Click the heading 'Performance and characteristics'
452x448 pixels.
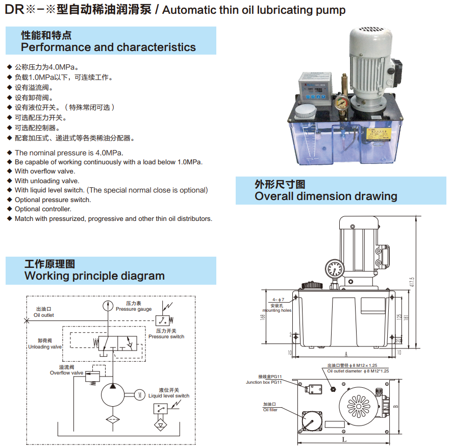pyautogui.click(x=108, y=47)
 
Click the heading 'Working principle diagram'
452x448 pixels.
pyautogui.click(x=94, y=276)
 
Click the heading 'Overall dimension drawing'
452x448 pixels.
pyautogui.click(x=325, y=196)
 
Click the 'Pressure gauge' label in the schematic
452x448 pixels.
pyautogui.click(x=134, y=309)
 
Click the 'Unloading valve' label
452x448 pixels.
pyautogui.click(x=45, y=347)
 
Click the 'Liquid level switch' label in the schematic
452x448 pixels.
pyautogui.click(x=169, y=395)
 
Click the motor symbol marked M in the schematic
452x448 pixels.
pyautogui.click(x=139, y=393)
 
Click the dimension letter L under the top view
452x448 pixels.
pyautogui.click(x=344, y=439)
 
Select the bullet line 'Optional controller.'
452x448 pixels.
pyautogui.click(x=43, y=209)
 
